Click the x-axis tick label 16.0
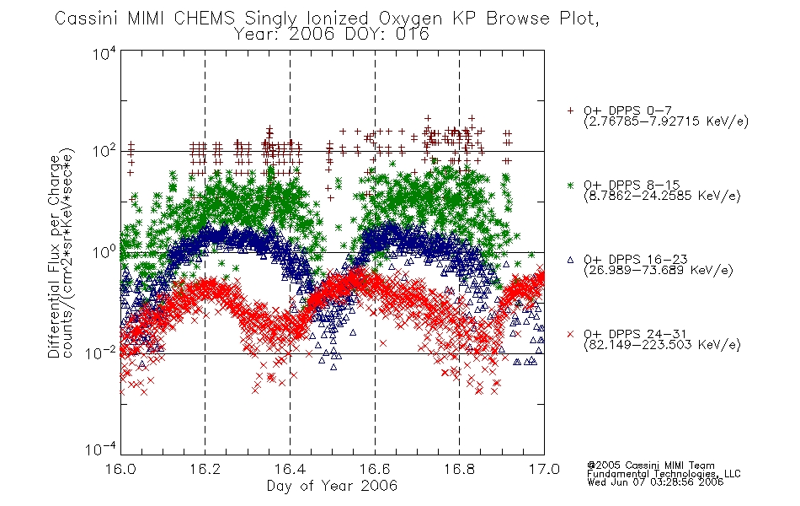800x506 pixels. point(120,469)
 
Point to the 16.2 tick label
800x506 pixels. point(205,469)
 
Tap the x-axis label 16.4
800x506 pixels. point(290,469)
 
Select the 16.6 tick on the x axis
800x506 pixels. point(375,469)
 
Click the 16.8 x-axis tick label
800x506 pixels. point(459,469)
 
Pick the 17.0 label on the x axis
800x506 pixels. point(544,469)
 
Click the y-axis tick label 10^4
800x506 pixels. point(104,52)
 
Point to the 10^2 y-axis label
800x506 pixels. point(104,151)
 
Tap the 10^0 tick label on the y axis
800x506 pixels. point(104,252)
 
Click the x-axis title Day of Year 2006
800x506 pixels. point(332,486)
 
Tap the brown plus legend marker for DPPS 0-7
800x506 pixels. point(570,110)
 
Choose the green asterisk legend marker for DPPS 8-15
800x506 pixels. point(570,185)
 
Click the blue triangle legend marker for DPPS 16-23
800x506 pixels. point(570,260)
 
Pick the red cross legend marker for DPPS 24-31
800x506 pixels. point(570,334)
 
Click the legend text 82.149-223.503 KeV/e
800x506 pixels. point(662,345)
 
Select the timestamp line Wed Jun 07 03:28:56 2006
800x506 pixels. point(655,482)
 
